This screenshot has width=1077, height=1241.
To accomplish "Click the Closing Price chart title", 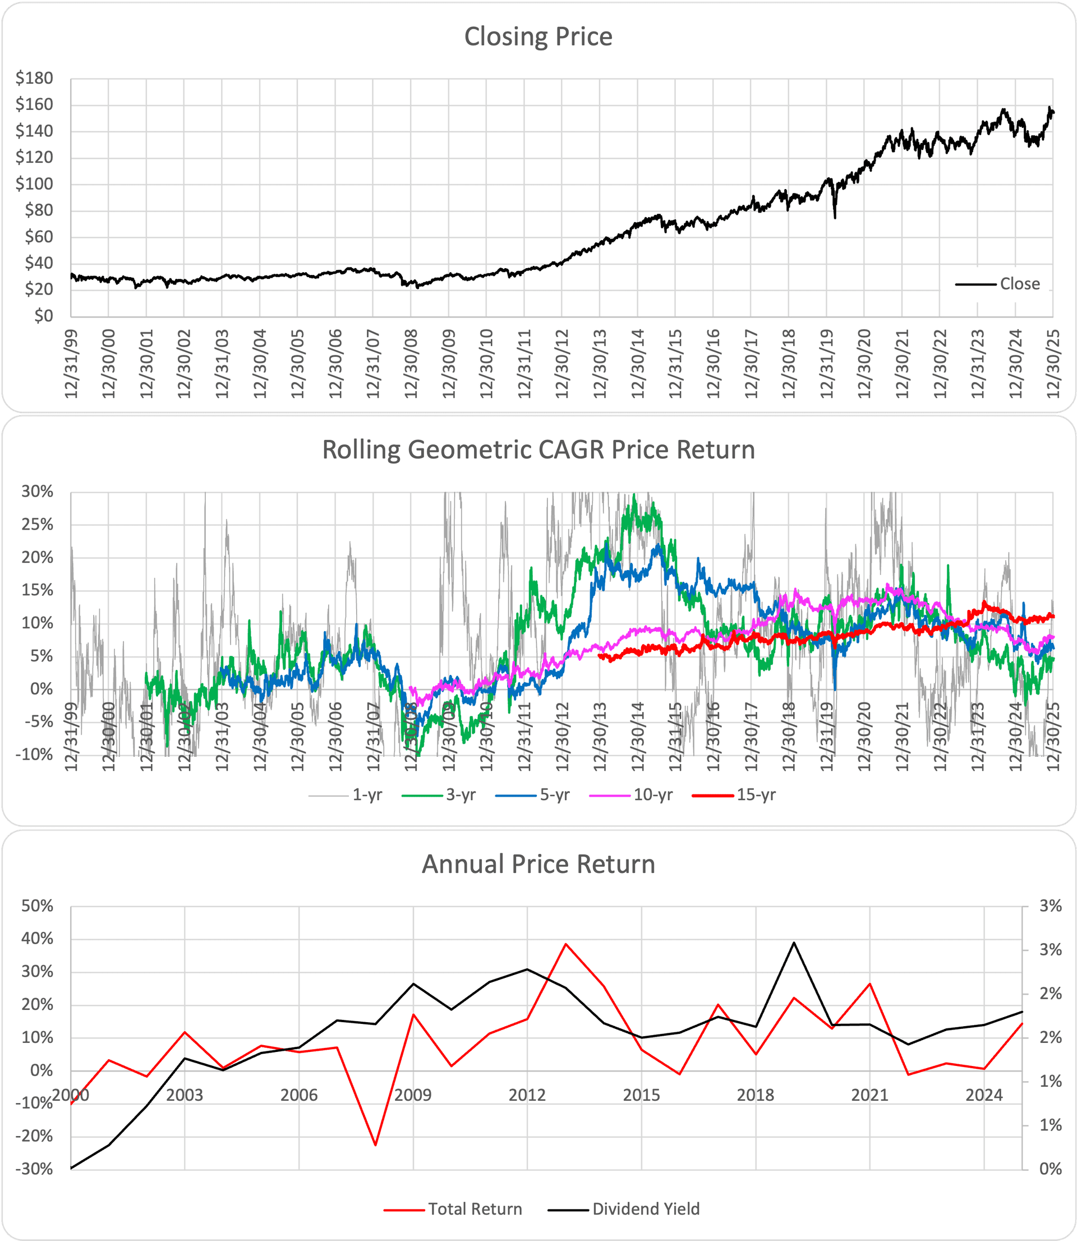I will [538, 36].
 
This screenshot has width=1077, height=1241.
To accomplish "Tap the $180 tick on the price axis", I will [35, 78].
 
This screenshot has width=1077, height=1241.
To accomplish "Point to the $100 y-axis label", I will [35, 184].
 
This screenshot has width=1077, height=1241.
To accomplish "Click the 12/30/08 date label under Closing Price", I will [411, 363].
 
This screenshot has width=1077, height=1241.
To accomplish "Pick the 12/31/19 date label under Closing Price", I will [827, 363].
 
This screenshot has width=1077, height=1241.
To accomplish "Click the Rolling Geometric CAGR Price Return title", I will [538, 450].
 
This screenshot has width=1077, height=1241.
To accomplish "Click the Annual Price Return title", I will [538, 864].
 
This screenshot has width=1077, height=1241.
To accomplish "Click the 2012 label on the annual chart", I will [527, 1095].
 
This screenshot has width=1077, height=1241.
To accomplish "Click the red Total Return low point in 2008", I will [376, 1145].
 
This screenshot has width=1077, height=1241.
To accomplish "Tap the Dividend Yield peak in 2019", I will [794, 943].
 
